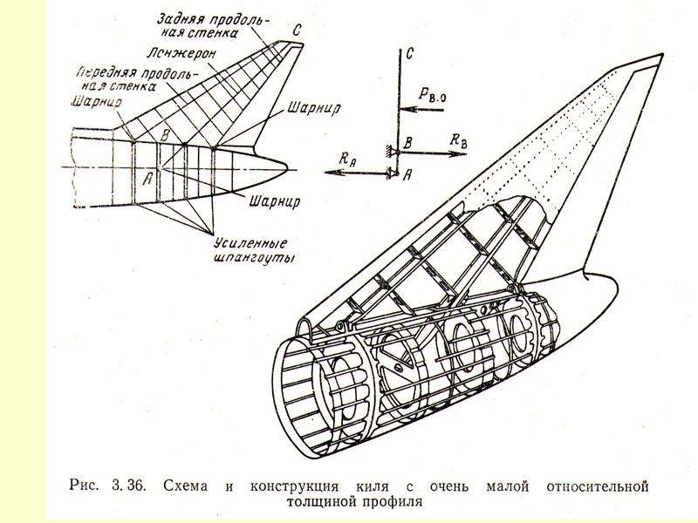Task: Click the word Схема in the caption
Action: [x=188, y=485]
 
